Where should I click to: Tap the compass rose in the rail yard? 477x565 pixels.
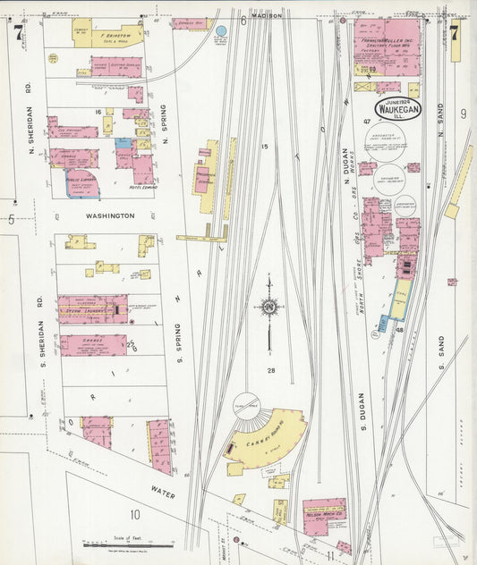[268, 308]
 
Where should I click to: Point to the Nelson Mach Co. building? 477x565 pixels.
[323, 515]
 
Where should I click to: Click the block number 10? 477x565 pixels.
[134, 514]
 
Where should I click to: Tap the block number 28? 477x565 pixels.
[268, 370]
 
